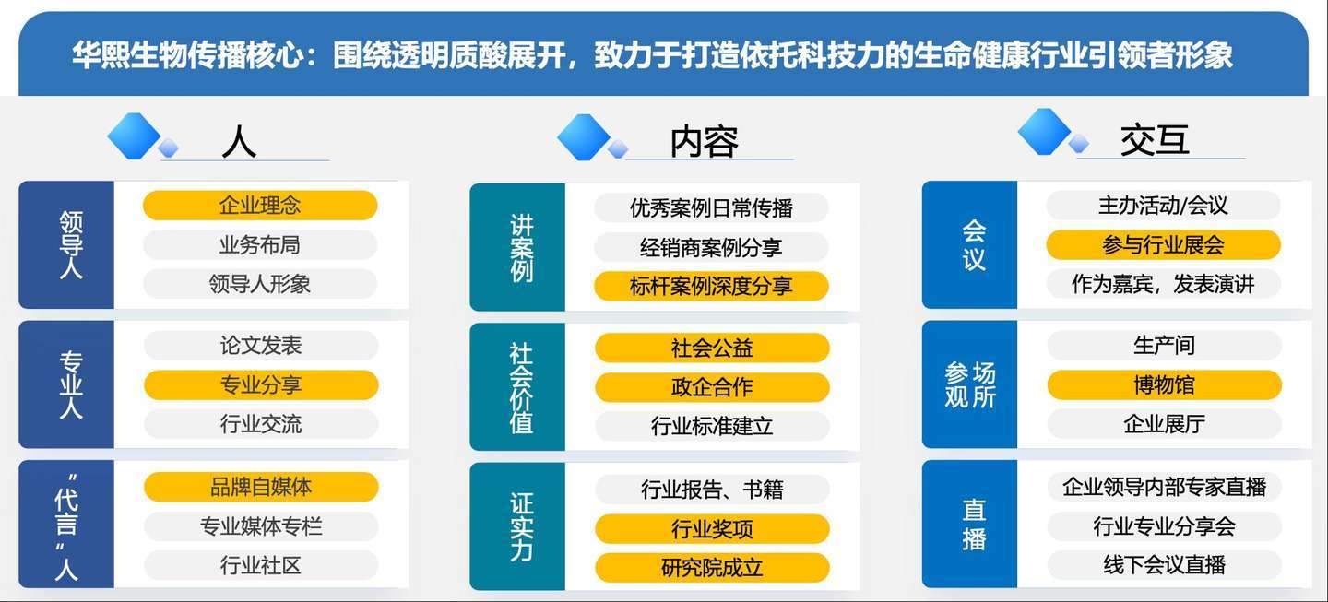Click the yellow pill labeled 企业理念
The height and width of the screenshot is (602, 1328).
click(x=260, y=206)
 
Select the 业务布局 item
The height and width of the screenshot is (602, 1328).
click(x=260, y=244)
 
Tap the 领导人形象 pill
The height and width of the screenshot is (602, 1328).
click(x=260, y=284)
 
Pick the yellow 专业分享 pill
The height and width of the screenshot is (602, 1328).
click(x=262, y=385)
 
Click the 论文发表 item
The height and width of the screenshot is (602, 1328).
click(x=262, y=346)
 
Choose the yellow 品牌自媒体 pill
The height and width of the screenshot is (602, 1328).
click(x=262, y=487)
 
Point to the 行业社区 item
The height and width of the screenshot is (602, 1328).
click(x=262, y=565)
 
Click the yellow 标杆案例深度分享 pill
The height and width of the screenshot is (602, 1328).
click(x=711, y=286)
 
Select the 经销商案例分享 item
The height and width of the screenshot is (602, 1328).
click(x=711, y=247)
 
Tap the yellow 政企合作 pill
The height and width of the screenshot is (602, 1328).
click(x=712, y=387)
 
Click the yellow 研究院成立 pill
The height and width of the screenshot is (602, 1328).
click(x=712, y=568)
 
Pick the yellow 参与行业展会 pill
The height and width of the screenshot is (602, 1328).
click(x=1163, y=244)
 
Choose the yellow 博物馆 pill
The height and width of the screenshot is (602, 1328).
click(x=1165, y=385)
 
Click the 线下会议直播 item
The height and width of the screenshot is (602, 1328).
click(x=1165, y=565)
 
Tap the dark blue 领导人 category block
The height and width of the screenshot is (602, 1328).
click(x=66, y=244)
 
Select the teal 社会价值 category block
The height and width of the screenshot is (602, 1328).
click(x=517, y=387)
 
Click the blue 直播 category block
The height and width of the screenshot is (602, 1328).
click(x=970, y=525)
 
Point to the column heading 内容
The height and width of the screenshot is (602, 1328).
click(x=705, y=142)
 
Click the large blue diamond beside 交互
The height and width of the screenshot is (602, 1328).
click(x=1044, y=132)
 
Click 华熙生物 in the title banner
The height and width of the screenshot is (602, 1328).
click(x=129, y=55)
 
